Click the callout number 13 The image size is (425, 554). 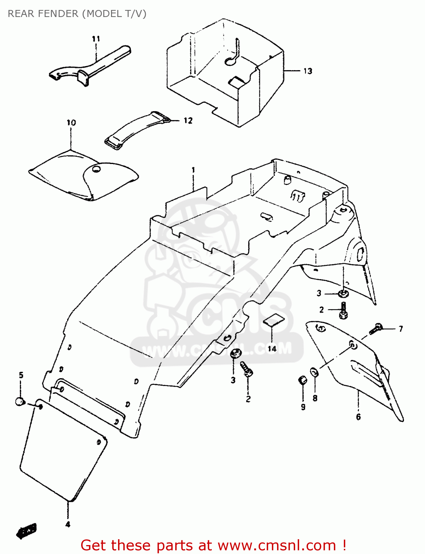(x=308, y=71)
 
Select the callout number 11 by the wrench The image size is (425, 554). (x=96, y=39)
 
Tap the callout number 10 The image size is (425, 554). (x=71, y=123)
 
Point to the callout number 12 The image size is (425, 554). (x=188, y=120)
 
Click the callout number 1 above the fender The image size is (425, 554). (x=193, y=170)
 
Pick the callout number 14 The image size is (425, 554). (x=272, y=349)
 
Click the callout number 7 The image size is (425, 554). (x=401, y=328)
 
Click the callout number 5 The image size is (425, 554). (x=21, y=375)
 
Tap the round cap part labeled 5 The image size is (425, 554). (x=20, y=401)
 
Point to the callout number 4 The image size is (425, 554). (x=68, y=524)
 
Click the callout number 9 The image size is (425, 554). (x=303, y=407)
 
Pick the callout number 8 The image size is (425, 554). (x=315, y=398)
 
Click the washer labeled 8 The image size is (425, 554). (x=314, y=372)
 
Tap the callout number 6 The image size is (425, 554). (x=358, y=417)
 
